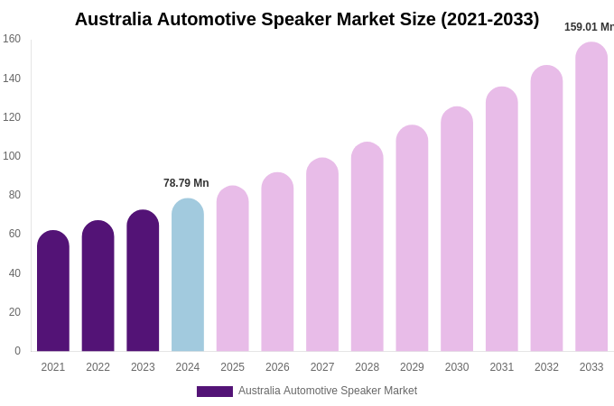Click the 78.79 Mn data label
click(x=186, y=183)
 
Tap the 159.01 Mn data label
click(x=589, y=27)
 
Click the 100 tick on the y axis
click(x=12, y=156)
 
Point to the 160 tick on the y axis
click(x=12, y=39)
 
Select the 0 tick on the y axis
click(x=17, y=351)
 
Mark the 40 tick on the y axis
click(x=14, y=273)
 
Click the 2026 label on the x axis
click(x=277, y=367)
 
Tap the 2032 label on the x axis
click(x=546, y=367)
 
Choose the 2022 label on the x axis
click(x=98, y=367)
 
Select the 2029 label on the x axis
click(x=412, y=367)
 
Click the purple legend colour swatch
click(x=215, y=392)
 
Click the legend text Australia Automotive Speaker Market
click(x=328, y=391)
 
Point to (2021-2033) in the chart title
click(x=489, y=20)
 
